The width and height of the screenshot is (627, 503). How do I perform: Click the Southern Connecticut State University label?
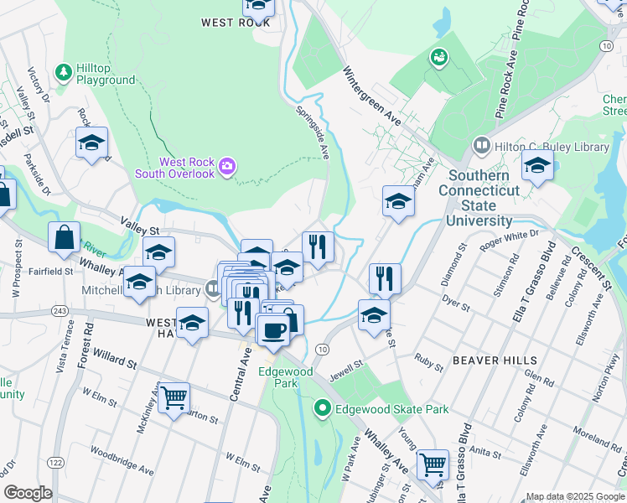coord(479,199)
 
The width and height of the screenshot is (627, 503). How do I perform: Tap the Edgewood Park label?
coord(287,377)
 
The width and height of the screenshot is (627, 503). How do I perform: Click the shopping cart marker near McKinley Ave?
coord(174,397)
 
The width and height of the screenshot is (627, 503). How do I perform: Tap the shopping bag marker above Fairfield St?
coord(64,237)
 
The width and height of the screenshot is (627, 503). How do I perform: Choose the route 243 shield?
coord(60,311)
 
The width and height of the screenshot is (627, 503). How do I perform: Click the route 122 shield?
coord(56,462)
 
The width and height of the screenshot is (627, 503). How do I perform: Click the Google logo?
coord(28,493)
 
